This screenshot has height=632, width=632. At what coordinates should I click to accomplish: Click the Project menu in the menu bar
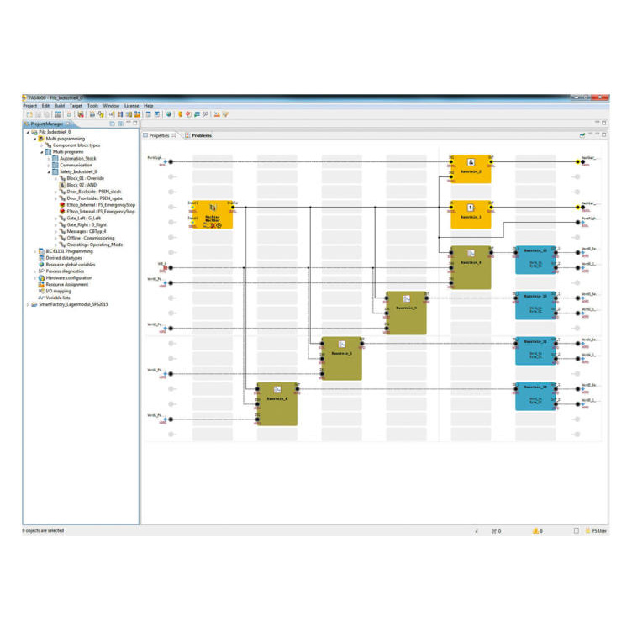point(30,106)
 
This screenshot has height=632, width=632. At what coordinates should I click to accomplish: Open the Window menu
point(111,106)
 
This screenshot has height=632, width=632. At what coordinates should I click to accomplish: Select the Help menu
point(149,106)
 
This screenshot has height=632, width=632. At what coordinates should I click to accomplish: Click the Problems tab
point(202,135)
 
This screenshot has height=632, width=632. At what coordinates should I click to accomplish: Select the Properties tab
point(159,135)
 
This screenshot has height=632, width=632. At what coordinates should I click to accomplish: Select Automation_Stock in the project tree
point(78,158)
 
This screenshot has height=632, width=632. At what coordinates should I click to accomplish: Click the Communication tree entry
point(76,165)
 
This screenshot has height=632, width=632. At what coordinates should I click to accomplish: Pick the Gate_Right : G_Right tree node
point(87,224)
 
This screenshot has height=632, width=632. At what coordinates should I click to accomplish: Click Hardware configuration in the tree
point(71,278)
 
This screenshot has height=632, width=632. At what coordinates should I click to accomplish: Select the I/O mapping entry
point(60,291)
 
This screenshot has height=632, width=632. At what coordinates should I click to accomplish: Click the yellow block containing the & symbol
point(471,169)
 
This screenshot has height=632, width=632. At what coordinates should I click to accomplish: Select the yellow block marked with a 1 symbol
point(471,214)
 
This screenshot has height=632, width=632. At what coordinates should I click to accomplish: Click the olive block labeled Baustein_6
point(277,403)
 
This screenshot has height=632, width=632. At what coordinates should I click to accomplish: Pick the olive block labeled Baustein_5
point(342,359)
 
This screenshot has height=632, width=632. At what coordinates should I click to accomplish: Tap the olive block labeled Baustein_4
point(471,267)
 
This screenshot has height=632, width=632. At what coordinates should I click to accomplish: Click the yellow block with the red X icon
point(213,214)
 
